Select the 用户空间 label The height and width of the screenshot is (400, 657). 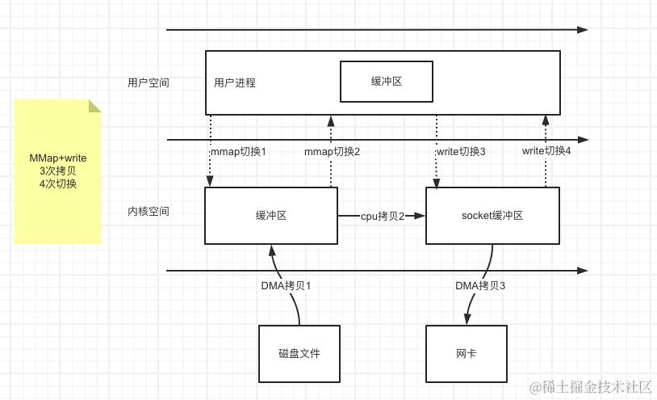point(149,82)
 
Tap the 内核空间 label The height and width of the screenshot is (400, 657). point(149,211)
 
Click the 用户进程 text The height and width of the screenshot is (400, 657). point(235,82)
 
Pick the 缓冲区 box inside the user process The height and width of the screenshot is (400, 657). point(387,82)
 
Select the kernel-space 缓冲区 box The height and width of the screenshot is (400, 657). point(270,216)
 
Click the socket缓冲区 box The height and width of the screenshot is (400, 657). point(492,216)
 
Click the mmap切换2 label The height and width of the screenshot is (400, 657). point(332,152)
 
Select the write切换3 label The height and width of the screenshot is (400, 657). point(461,152)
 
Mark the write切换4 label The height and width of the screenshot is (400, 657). point(546,151)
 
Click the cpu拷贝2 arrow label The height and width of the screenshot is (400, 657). point(381,216)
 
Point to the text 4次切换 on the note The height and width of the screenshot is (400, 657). point(58,184)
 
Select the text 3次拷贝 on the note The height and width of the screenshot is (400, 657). point(58,171)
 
